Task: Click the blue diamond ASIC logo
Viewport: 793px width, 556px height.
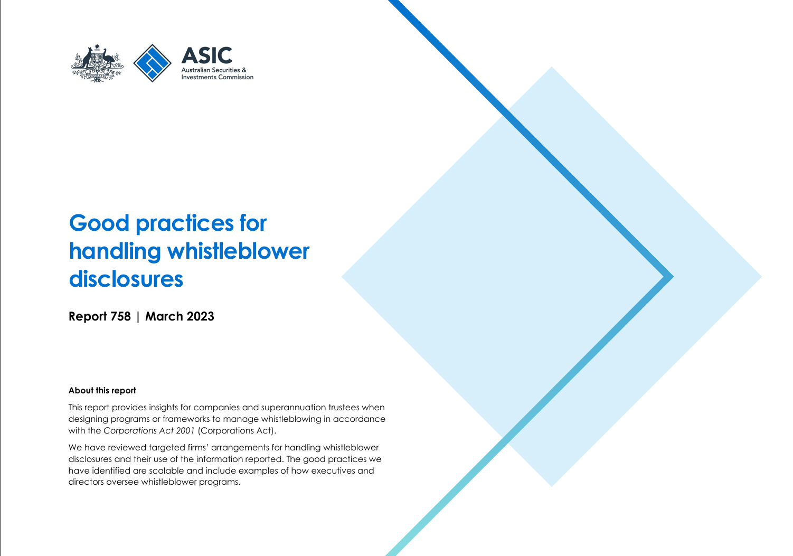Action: [153, 63]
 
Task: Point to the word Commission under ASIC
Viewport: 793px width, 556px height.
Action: [235, 77]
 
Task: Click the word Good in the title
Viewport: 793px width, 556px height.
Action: [99, 223]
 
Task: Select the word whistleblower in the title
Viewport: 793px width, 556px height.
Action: [238, 251]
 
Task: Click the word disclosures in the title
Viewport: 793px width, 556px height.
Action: [126, 279]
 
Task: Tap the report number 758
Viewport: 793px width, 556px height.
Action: [120, 316]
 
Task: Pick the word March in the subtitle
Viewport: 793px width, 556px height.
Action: [164, 316]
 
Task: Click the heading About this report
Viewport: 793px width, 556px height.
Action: [102, 391]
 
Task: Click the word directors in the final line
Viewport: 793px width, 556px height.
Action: [86, 483]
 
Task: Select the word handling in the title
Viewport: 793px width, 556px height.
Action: [115, 251]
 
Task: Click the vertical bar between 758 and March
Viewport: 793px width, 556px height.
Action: [138, 316]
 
